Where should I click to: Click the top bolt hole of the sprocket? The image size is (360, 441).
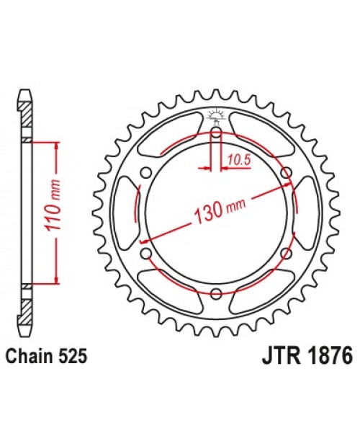pos(216,132)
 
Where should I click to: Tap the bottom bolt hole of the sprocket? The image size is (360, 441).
pos(216,293)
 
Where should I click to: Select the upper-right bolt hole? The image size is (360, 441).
pos(286,172)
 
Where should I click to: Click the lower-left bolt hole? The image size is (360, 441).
pos(146,253)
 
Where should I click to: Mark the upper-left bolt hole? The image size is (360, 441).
pos(146,172)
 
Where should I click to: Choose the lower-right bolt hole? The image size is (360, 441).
pos(286,253)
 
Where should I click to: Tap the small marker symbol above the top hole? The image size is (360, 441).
pos(216,115)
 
